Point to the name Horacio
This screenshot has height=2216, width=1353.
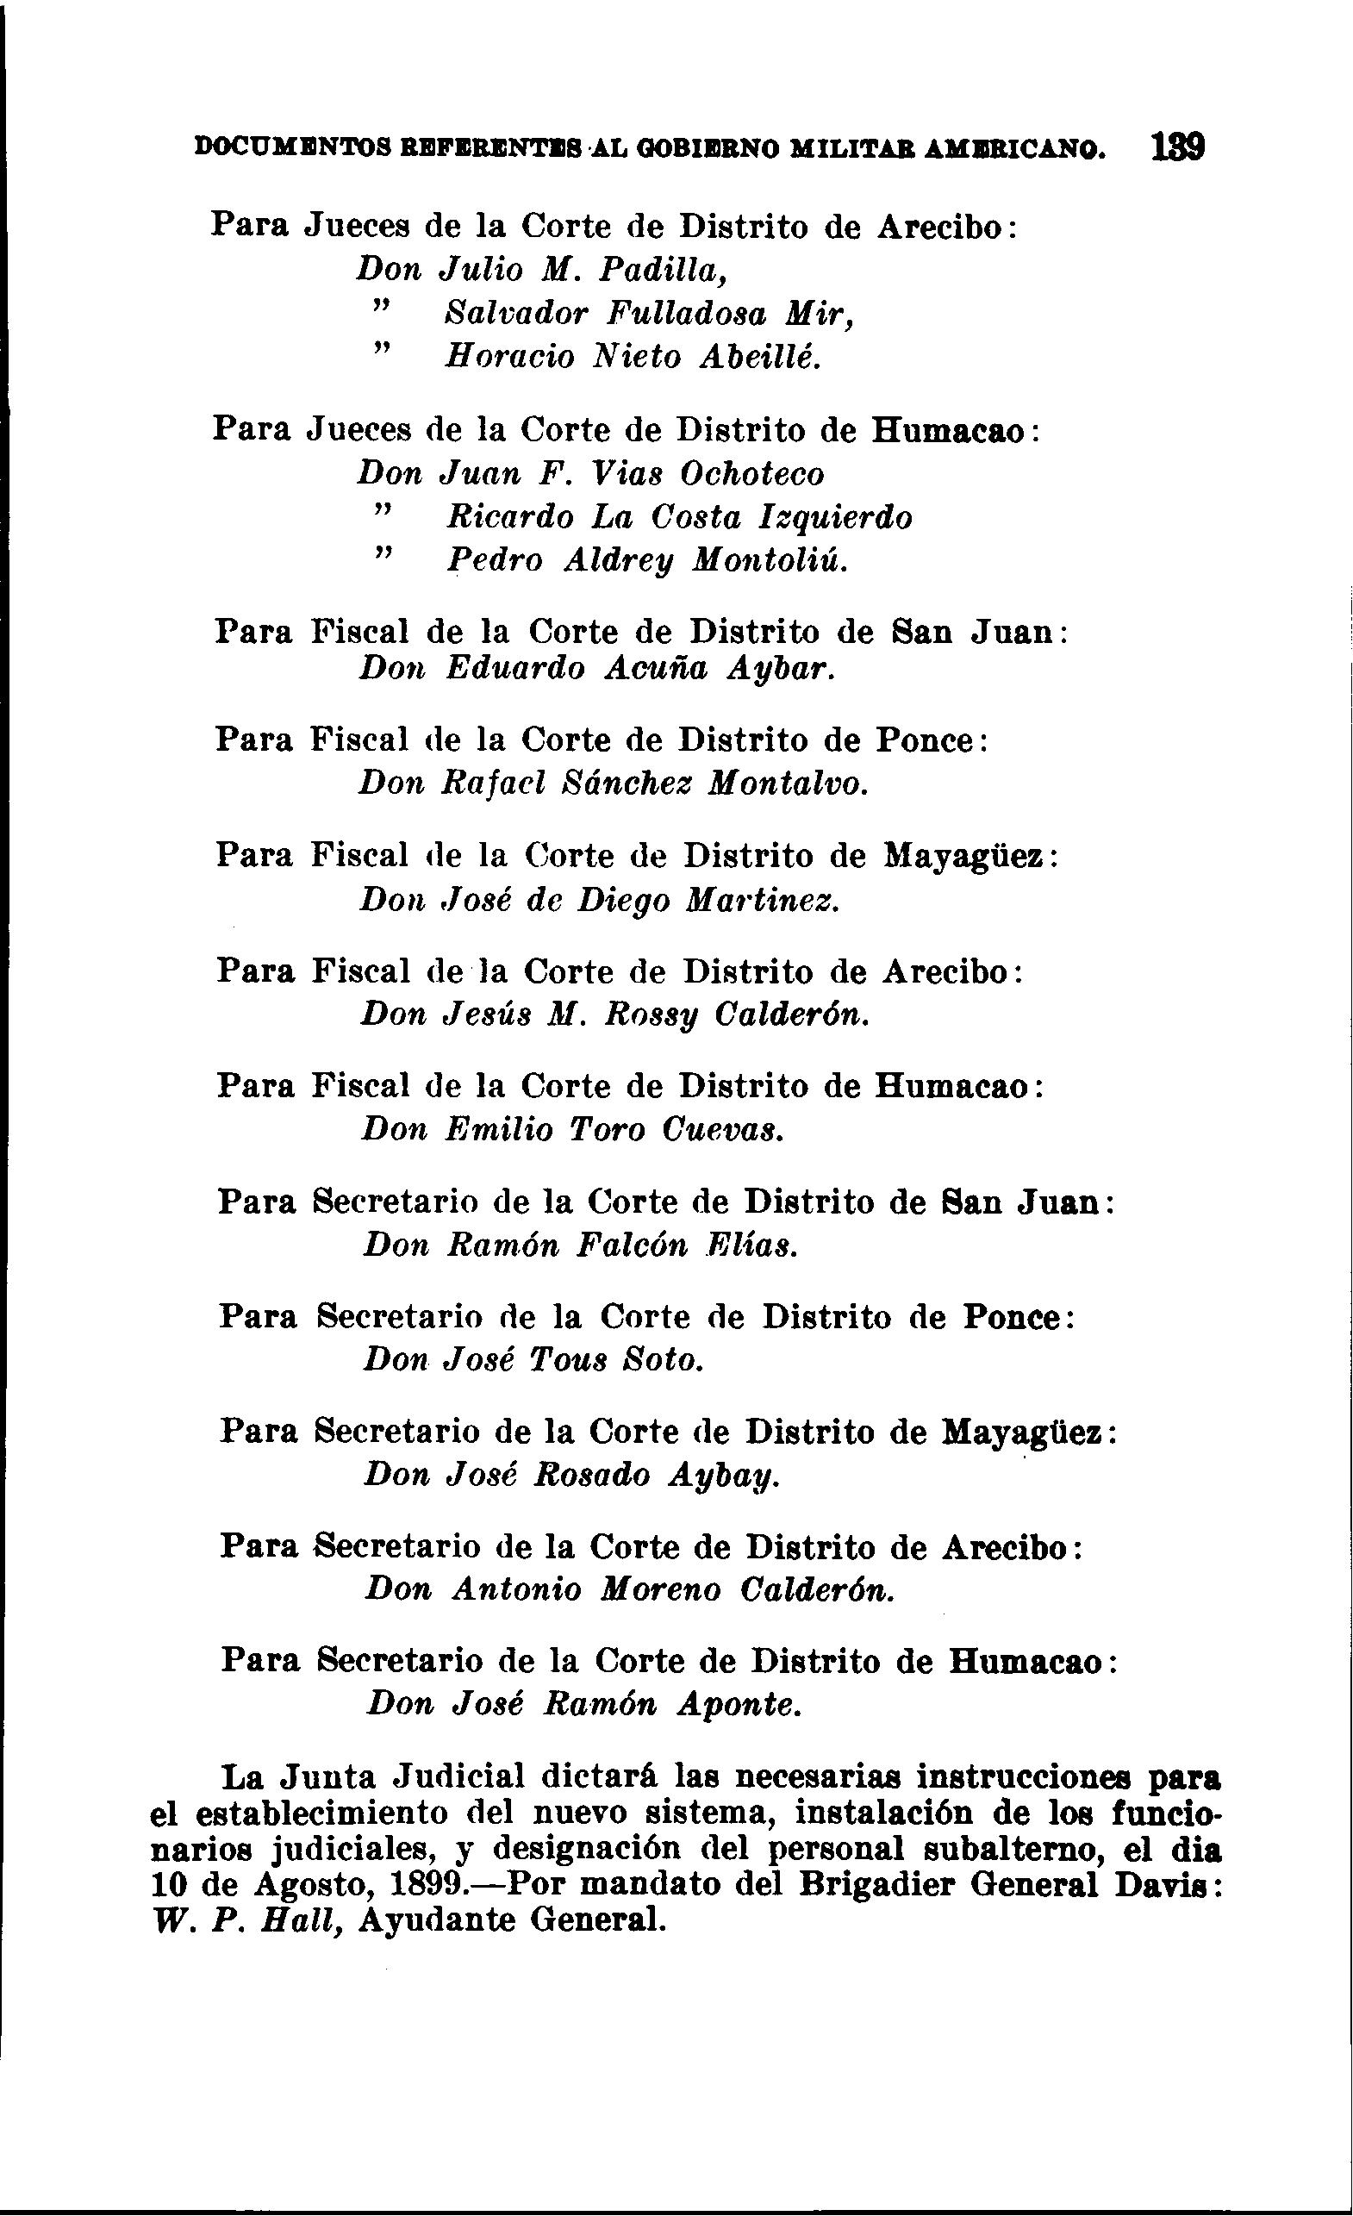[509, 357]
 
